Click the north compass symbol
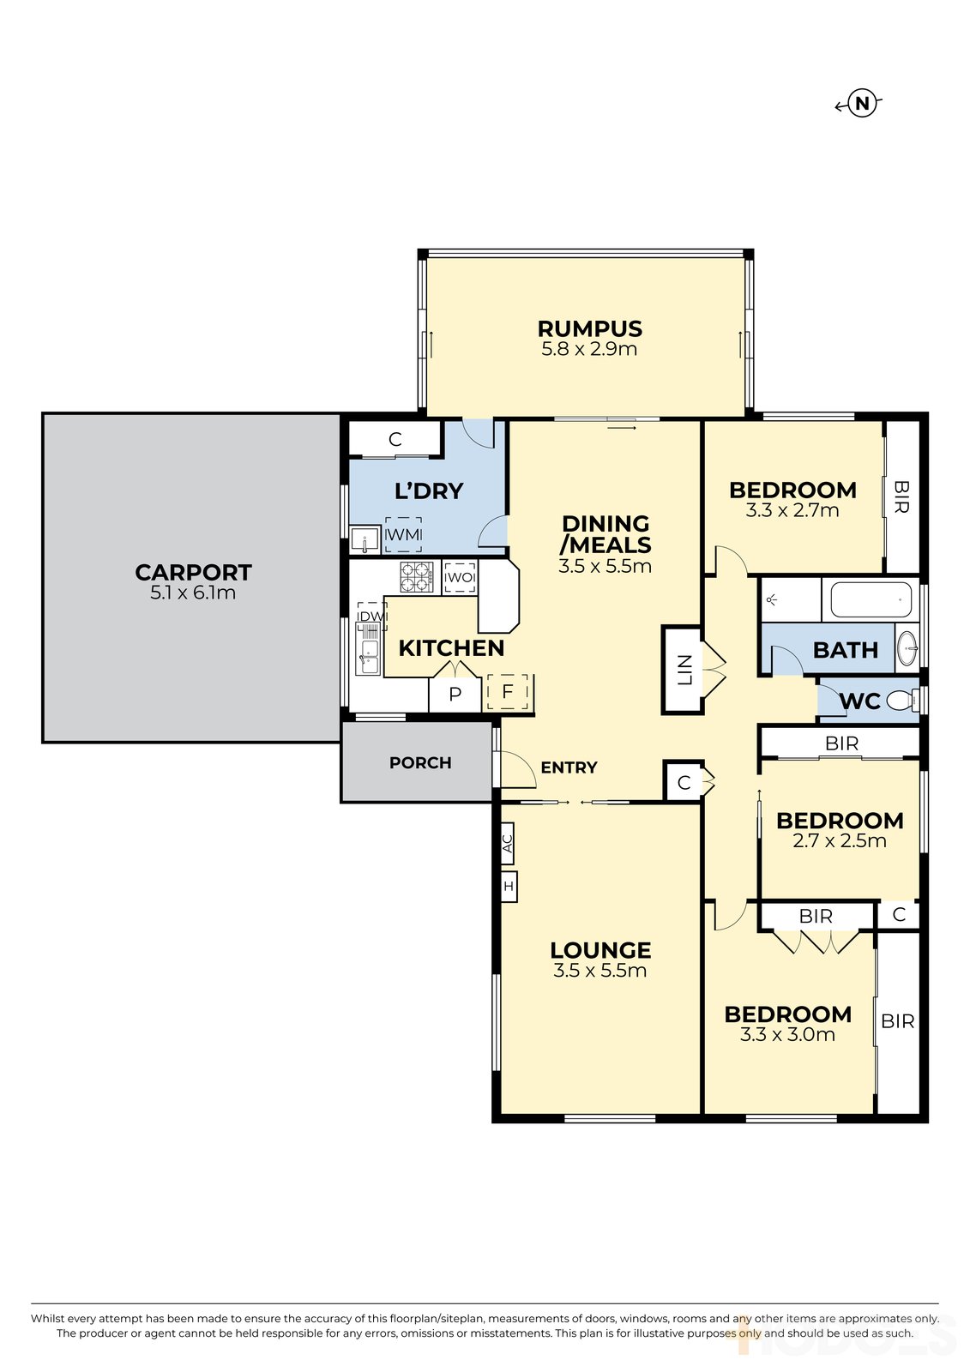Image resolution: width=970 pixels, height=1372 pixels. [859, 104]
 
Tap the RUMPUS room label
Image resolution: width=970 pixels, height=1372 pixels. [589, 329]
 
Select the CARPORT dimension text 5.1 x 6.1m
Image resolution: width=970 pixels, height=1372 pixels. [193, 593]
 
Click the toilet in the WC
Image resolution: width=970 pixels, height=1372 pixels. [903, 699]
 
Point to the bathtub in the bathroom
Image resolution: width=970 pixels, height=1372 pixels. [871, 600]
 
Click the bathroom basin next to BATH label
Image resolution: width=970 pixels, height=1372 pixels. [907, 644]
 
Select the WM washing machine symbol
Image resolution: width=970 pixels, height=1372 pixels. [403, 534]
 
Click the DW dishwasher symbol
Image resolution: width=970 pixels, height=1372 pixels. [371, 617]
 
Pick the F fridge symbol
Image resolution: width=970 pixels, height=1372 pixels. [508, 691]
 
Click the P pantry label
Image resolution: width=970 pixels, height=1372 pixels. [455, 694]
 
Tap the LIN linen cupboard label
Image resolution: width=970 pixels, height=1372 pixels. [684, 670]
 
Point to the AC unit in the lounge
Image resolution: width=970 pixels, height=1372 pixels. [508, 844]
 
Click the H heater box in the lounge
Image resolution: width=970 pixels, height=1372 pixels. [509, 887]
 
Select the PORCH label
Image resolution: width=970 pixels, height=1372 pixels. [420, 762]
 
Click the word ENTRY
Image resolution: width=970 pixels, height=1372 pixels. [569, 767]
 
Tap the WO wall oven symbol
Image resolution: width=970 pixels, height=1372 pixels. [460, 578]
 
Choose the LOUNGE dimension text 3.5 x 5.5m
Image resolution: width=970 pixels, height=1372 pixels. [599, 970]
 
